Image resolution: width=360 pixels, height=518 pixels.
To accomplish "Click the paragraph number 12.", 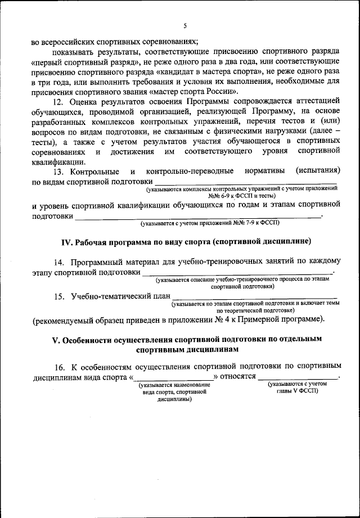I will [x=58, y=102].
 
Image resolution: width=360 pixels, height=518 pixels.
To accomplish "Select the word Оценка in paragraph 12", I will [x=84, y=102].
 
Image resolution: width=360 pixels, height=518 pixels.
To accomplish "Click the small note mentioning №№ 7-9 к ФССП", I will [x=210, y=223].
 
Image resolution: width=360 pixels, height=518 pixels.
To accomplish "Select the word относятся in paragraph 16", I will [x=238, y=376].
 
